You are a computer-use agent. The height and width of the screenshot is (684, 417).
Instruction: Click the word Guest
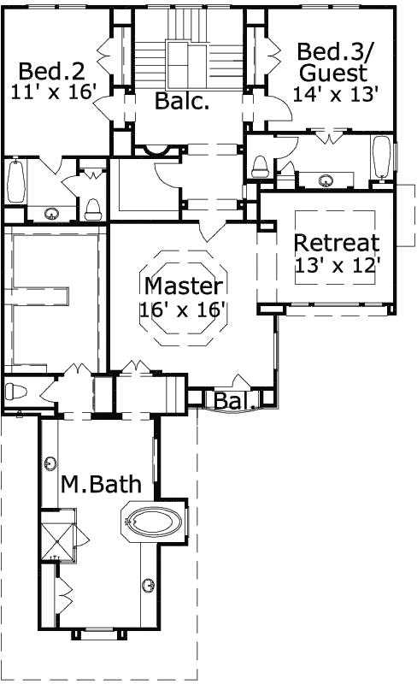point(339,74)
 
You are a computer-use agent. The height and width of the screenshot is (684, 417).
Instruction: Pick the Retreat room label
point(336,242)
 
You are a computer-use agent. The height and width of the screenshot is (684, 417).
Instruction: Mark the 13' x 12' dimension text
point(336,265)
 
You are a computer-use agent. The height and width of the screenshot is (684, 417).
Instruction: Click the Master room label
point(184,285)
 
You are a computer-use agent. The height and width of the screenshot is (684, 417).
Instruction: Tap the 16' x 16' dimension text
point(184,308)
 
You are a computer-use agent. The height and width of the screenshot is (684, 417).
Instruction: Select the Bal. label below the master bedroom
point(231,400)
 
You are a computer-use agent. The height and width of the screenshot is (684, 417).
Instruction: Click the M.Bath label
point(100,485)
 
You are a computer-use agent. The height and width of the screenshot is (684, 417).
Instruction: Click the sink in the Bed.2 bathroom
point(53,213)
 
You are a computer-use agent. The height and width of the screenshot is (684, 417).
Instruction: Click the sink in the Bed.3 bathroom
point(326,180)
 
